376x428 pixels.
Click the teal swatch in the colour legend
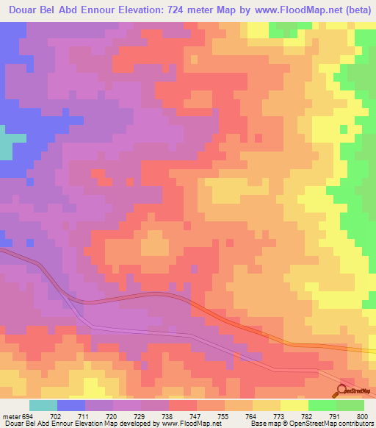tap(43, 405)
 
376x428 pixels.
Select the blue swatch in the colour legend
tap(71, 405)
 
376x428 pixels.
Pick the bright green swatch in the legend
tap(322, 405)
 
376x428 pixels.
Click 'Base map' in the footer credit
tap(261, 424)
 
